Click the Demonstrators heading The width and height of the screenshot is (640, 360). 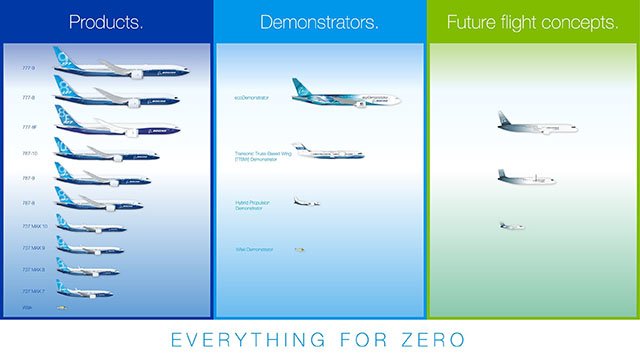click(x=319, y=21)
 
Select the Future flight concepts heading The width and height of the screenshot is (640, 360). click(x=532, y=21)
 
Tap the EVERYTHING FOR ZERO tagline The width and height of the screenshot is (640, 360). click(x=319, y=337)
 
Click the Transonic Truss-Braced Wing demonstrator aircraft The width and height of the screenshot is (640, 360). click(x=328, y=153)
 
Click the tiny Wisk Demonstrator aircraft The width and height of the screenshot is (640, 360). click(x=299, y=250)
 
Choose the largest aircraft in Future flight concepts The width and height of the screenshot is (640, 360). click(x=536, y=126)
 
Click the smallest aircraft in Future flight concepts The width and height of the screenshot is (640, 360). click(x=511, y=226)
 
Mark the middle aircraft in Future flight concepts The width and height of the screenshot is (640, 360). click(x=525, y=178)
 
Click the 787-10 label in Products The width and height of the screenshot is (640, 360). click(x=29, y=153)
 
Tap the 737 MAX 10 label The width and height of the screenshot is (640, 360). click(x=34, y=226)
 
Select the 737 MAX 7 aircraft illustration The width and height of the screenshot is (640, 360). click(x=84, y=291)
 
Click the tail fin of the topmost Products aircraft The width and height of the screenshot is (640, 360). click(x=64, y=58)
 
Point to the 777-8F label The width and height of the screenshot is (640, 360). click(x=30, y=127)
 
